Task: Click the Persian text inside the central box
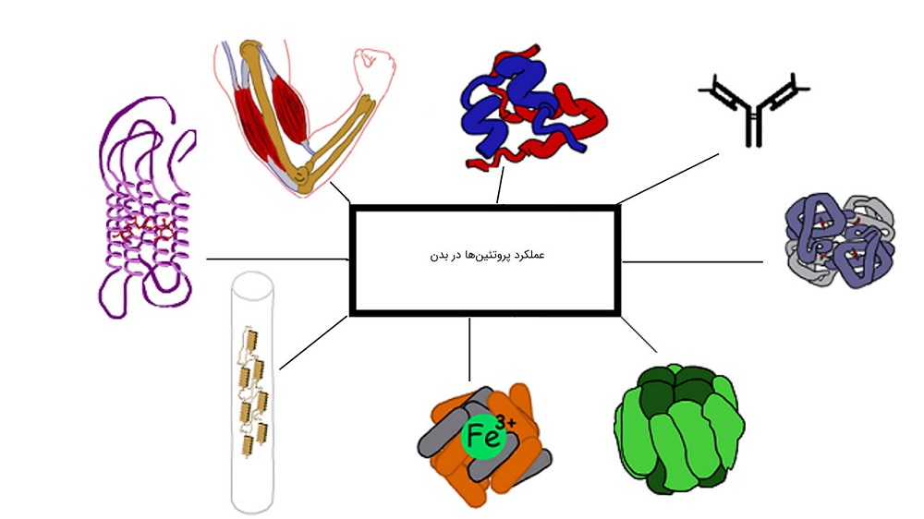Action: coord(484,254)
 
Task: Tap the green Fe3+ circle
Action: coord(487,437)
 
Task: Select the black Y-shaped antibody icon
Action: coord(754,106)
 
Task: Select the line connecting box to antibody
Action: coord(668,178)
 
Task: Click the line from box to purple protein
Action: coord(277,259)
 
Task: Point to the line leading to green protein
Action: coord(638,334)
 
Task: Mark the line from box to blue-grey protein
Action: coord(693,261)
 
